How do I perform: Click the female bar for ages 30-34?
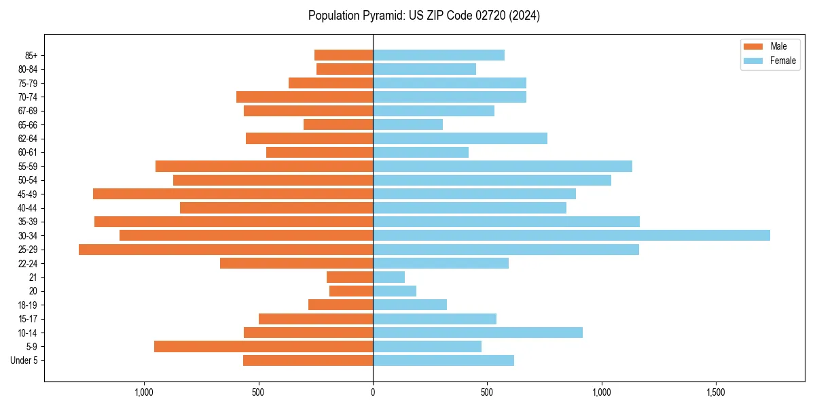[x=571, y=235]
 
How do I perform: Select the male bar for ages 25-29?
[x=225, y=250]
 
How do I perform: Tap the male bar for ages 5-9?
[x=264, y=346]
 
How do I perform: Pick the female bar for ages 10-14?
[x=477, y=333]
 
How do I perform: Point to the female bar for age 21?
[x=388, y=277]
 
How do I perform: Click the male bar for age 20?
[x=351, y=291]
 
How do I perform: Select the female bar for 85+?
[x=439, y=55]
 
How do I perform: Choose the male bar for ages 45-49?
[x=233, y=194]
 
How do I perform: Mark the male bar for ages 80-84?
[x=344, y=69]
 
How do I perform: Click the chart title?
[x=424, y=16]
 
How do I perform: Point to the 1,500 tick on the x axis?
[x=716, y=393]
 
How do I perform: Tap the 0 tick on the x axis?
[x=373, y=393]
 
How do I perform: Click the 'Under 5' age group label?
[x=24, y=360]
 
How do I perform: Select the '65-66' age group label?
[x=28, y=124]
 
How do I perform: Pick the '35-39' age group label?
[x=28, y=222]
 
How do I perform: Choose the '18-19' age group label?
[x=28, y=305]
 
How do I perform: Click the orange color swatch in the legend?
[x=753, y=46]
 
